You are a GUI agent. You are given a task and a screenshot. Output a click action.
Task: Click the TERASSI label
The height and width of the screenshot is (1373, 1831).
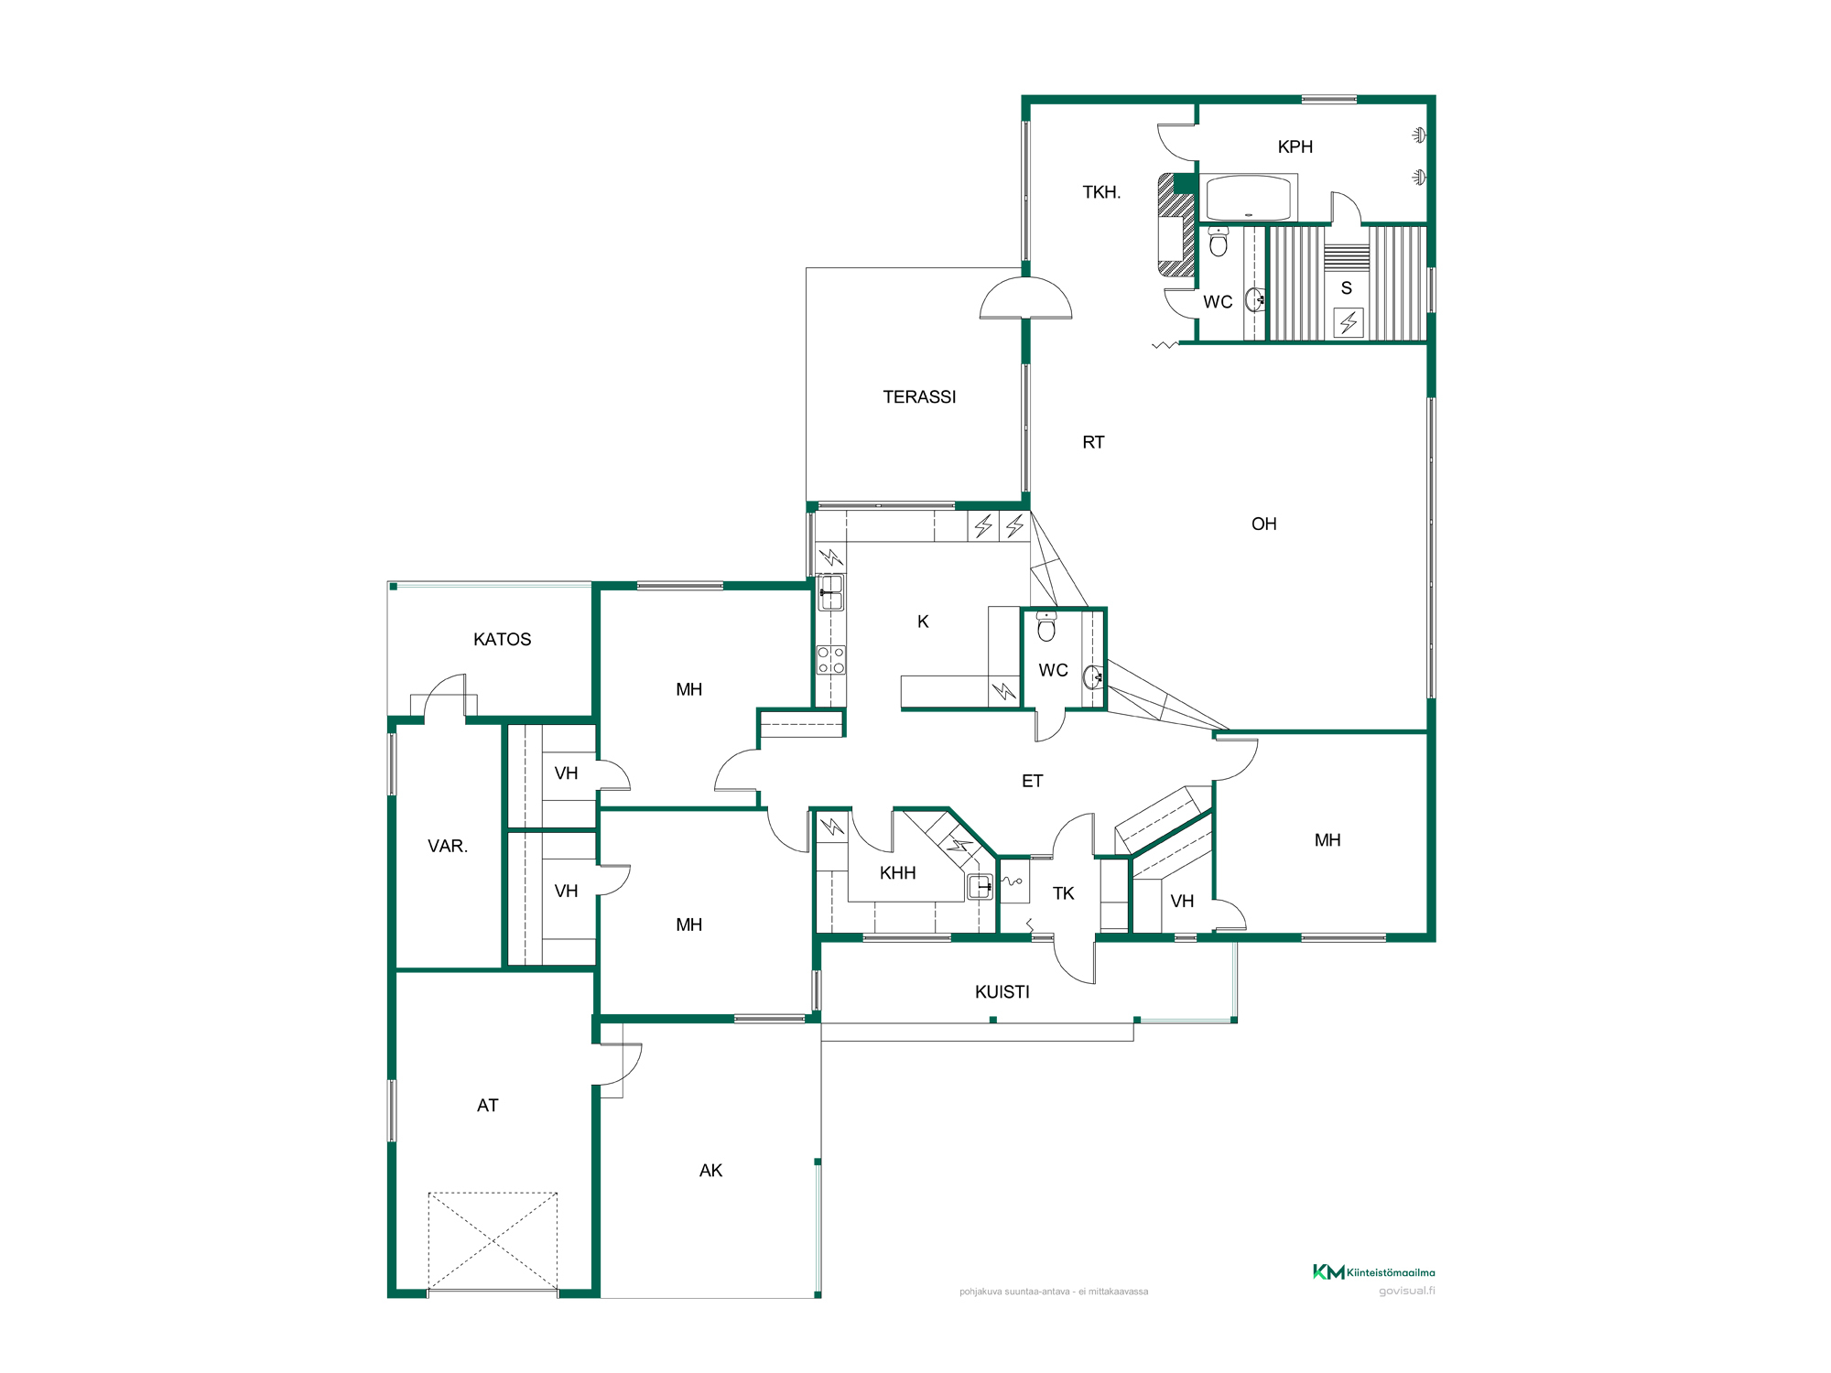click(919, 397)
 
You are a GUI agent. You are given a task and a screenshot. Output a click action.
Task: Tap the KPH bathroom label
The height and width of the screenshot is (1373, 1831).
click(1295, 147)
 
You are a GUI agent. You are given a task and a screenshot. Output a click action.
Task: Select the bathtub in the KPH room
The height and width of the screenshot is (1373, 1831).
click(1248, 198)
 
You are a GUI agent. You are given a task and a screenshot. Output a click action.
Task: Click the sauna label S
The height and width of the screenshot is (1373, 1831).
click(1347, 288)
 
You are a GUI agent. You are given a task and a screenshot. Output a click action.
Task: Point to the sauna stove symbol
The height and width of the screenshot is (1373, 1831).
click(1349, 323)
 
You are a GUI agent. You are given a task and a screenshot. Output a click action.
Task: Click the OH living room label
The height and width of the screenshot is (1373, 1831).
click(1264, 524)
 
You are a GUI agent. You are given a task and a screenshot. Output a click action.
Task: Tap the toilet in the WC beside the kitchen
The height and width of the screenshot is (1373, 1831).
click(1046, 627)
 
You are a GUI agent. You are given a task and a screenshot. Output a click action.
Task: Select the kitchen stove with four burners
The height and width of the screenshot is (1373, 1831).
click(831, 660)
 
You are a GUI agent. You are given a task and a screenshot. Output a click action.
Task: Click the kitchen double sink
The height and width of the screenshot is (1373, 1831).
click(830, 592)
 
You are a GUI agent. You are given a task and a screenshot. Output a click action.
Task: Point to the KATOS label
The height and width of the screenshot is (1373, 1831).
click(503, 640)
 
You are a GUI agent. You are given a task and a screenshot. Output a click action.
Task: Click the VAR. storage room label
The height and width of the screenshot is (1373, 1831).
click(448, 847)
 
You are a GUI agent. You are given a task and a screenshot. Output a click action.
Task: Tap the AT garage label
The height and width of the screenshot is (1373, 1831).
click(488, 1106)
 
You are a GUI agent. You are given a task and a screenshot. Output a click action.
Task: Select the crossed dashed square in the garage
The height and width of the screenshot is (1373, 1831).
click(493, 1240)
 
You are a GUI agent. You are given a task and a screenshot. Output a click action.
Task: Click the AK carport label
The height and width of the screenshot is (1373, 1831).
click(711, 1171)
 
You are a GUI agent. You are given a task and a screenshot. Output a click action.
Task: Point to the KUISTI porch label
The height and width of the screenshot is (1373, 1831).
click(1002, 992)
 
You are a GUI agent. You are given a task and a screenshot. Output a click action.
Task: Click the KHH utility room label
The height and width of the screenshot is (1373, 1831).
click(898, 873)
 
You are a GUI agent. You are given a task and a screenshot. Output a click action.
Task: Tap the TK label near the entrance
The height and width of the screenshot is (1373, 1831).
click(1064, 893)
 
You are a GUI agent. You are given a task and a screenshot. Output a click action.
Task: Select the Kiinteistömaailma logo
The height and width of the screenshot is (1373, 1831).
click(1374, 1272)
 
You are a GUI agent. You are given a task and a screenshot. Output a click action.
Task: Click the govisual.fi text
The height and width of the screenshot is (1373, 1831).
click(1407, 1292)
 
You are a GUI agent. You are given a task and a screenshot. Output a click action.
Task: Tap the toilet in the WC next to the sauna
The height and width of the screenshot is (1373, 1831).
click(1219, 243)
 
